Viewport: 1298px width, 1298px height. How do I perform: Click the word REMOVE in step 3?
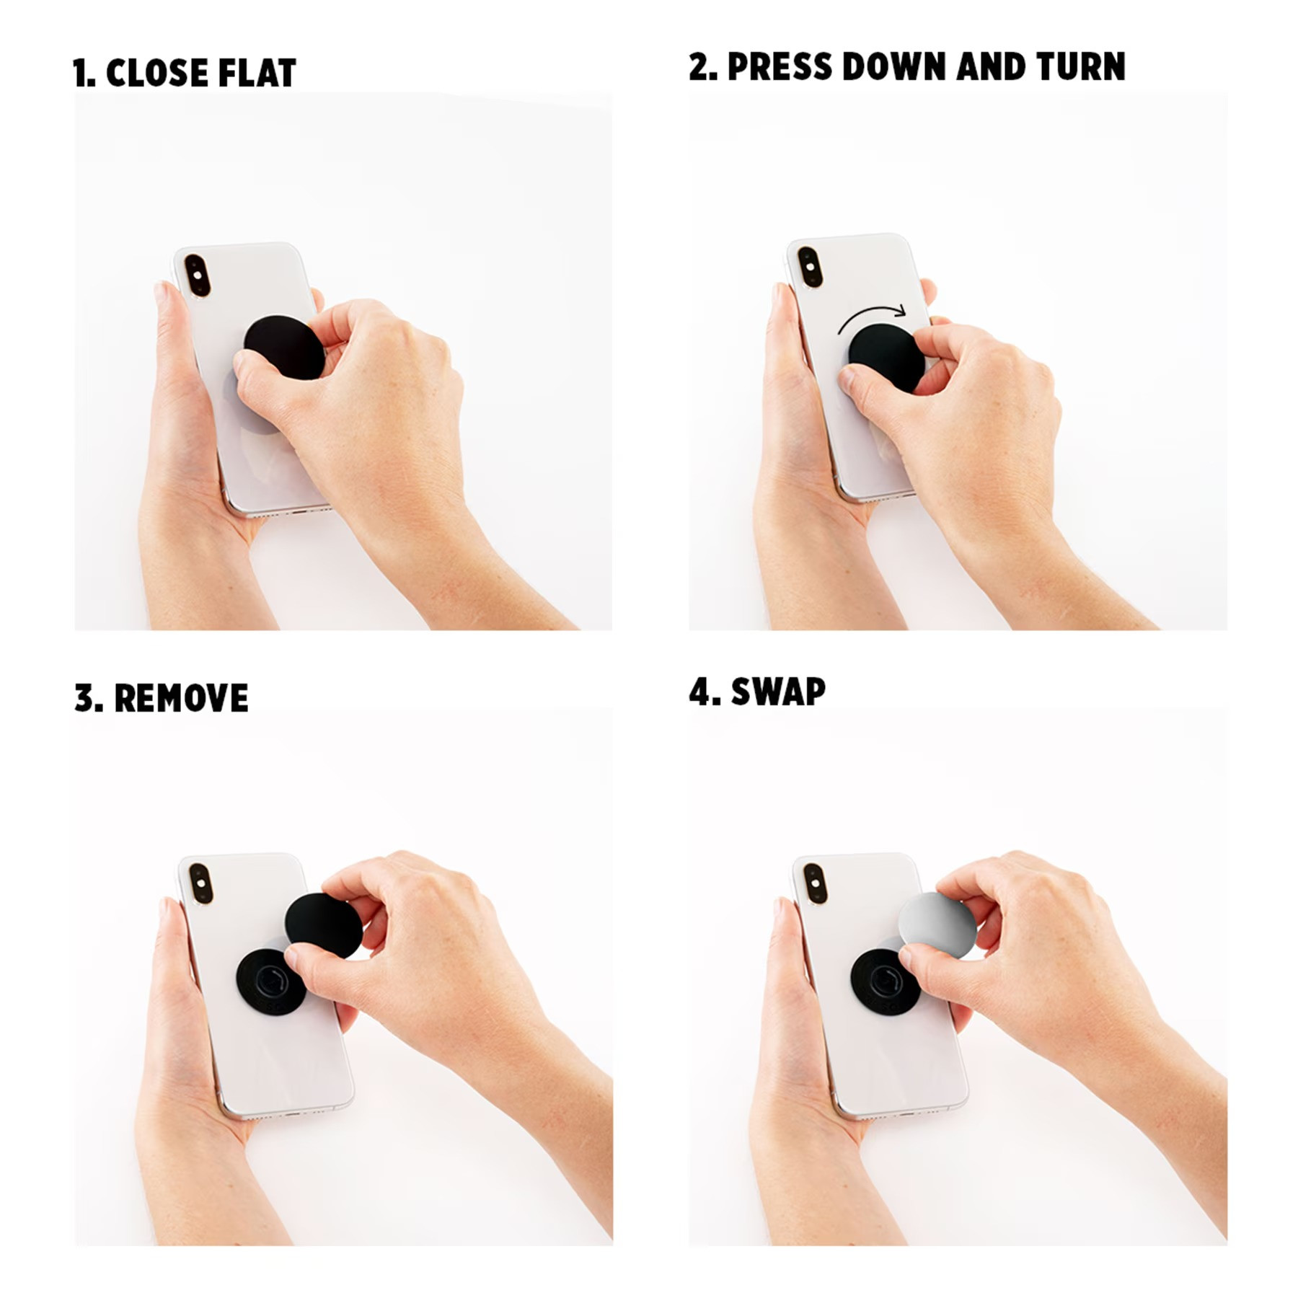181,698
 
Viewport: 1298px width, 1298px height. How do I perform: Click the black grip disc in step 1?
285,347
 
